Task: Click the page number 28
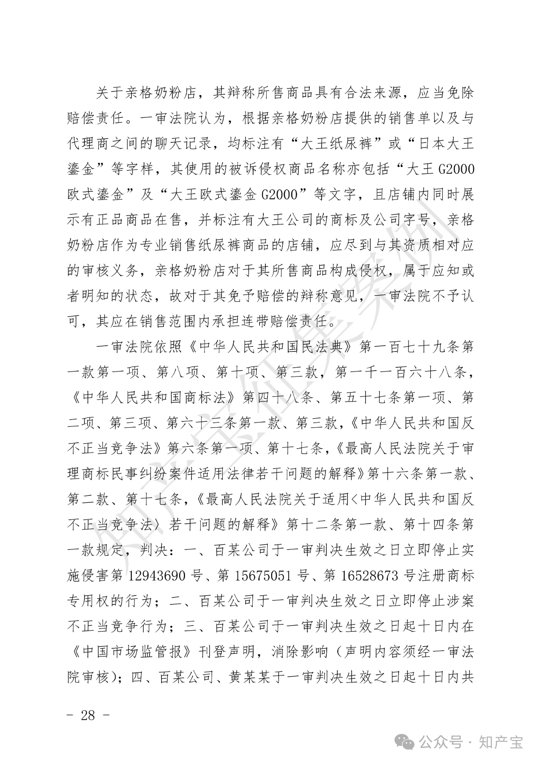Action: pos(88,715)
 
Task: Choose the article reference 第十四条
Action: pos(431,525)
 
